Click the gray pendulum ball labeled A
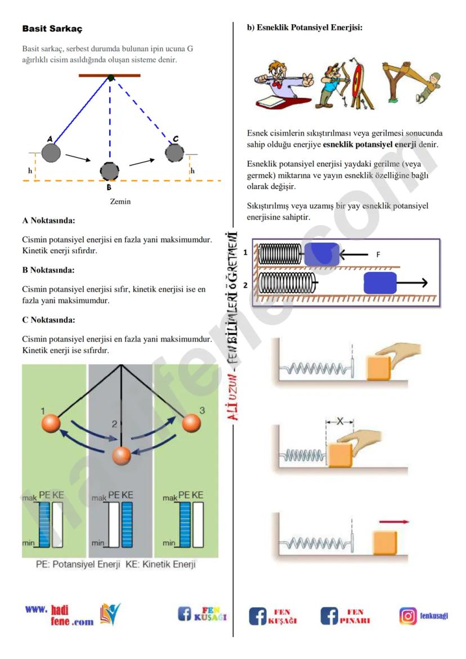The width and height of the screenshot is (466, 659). click(51, 152)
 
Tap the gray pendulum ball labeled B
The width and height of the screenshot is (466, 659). click(110, 171)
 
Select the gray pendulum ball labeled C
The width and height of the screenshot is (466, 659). click(175, 151)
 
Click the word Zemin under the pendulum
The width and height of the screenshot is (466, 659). click(120, 201)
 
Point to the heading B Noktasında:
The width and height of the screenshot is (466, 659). click(49, 270)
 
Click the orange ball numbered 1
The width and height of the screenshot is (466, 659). click(50, 423)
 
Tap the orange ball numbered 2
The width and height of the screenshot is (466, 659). click(121, 456)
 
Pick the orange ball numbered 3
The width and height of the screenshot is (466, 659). click(191, 423)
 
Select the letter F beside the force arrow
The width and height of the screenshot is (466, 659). click(378, 255)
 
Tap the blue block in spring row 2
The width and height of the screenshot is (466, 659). click(380, 283)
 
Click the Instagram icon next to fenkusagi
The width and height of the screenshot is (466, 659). click(408, 616)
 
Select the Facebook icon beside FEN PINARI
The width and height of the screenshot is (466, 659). click(330, 616)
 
